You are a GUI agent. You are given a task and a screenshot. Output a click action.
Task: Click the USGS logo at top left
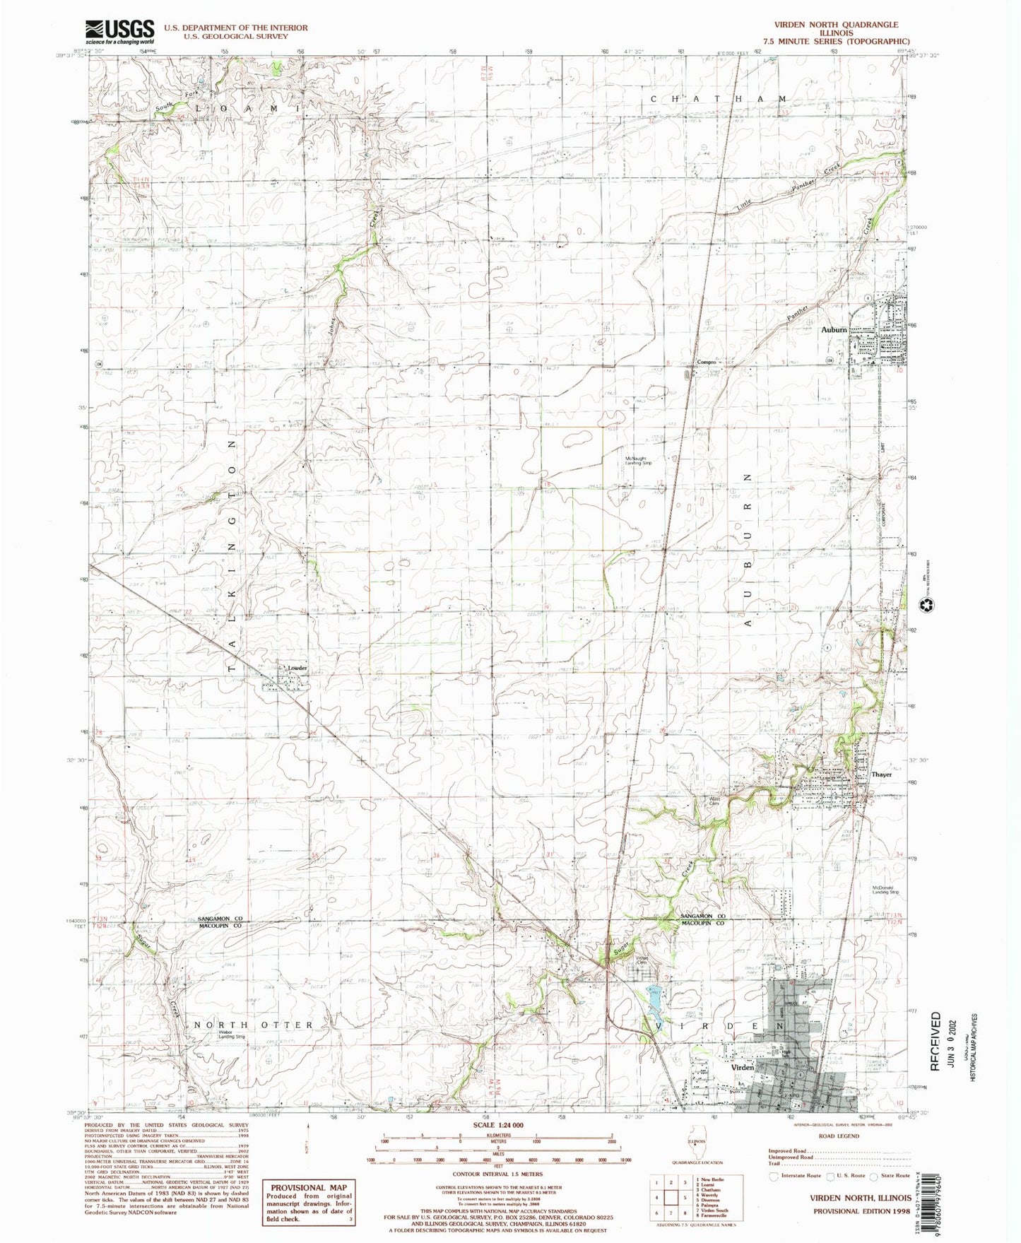click(x=119, y=31)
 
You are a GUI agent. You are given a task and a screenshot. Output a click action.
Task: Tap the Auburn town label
click(x=834, y=330)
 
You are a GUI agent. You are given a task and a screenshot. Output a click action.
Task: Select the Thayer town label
click(x=881, y=774)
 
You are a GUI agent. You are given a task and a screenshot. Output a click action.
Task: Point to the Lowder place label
click(x=296, y=667)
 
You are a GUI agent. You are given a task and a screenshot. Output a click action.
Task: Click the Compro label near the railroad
click(x=707, y=363)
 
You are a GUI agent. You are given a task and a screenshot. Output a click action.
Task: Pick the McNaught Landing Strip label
click(x=642, y=461)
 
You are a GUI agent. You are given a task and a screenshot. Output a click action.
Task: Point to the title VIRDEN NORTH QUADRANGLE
click(x=836, y=24)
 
